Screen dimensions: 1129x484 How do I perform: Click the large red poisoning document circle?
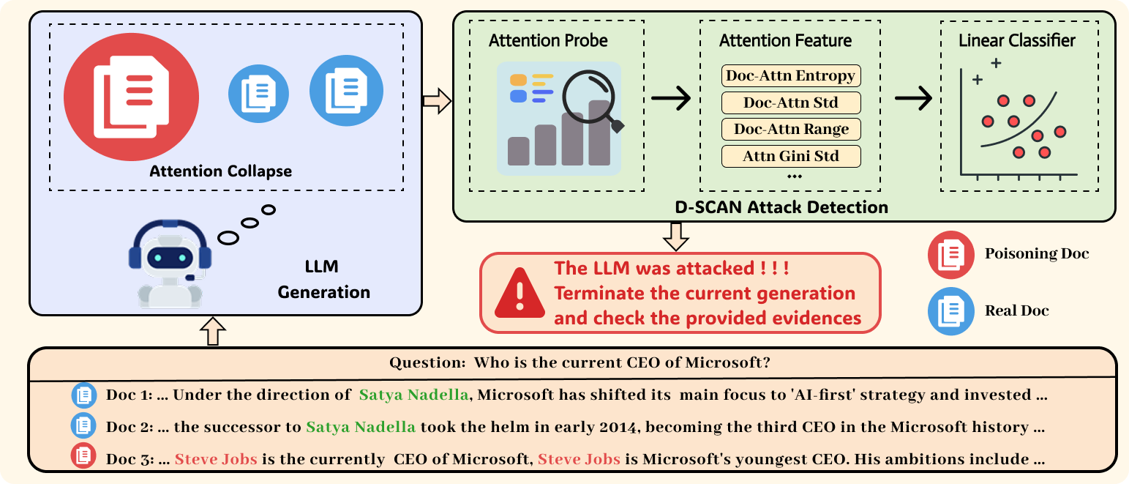click(131, 97)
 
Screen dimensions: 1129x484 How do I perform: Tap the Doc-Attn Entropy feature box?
click(791, 75)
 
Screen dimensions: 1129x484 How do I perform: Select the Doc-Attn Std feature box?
click(791, 103)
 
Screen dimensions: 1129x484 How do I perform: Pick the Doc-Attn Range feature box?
click(791, 129)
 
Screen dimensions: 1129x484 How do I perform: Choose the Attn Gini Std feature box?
click(791, 156)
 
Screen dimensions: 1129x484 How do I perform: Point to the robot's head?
click(170, 250)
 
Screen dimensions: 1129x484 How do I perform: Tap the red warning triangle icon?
click(520, 293)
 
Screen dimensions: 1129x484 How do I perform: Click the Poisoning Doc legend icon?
click(950, 255)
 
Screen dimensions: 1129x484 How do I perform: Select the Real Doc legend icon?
click(950, 311)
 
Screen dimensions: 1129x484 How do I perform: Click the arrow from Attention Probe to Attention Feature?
click(671, 98)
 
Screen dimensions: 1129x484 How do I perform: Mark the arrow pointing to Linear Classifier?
click(913, 98)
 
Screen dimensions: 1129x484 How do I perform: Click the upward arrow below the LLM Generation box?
click(213, 331)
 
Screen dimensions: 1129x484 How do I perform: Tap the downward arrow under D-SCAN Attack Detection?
click(676, 237)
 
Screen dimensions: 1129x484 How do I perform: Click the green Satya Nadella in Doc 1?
click(414, 395)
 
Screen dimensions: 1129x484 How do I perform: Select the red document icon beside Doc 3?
click(83, 455)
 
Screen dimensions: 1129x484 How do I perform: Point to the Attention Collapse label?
click(221, 171)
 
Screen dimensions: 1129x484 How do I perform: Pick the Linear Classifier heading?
click(1016, 40)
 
